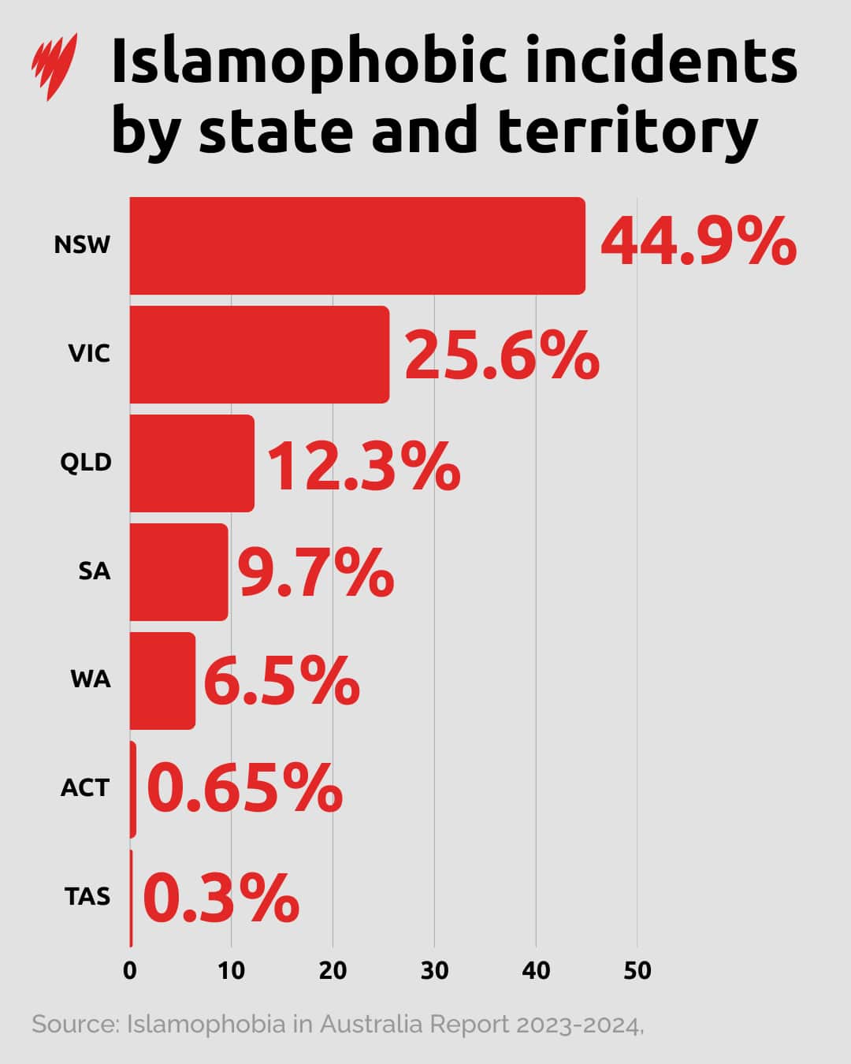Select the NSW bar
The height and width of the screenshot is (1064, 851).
[x=357, y=246]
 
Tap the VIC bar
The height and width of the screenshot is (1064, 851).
[x=259, y=355]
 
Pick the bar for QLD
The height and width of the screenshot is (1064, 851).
[x=191, y=463]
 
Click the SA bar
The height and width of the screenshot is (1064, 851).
[x=179, y=572]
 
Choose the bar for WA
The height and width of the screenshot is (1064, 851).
[x=162, y=681]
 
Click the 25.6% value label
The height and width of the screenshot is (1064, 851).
[x=502, y=356]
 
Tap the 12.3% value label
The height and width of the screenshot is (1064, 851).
[x=363, y=467]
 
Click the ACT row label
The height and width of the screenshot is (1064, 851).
[x=85, y=787]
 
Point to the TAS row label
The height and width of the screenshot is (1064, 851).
[x=87, y=896]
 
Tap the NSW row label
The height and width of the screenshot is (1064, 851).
[x=82, y=244]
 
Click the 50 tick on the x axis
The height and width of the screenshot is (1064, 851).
[x=637, y=970]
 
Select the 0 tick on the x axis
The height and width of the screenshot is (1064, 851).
[x=130, y=970]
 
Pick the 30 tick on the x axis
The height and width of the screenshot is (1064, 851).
[x=434, y=970]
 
